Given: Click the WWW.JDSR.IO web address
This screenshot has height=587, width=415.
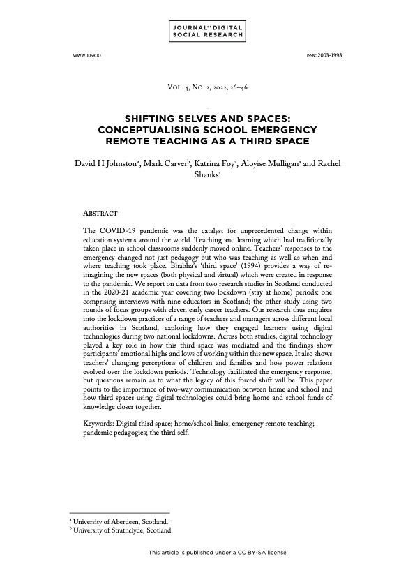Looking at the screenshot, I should (x=83, y=55).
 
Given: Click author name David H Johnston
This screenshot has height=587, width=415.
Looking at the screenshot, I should (x=105, y=164).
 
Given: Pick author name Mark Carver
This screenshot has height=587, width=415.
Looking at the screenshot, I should (x=167, y=164).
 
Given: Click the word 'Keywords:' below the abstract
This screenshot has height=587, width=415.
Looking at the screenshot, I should (x=102, y=423).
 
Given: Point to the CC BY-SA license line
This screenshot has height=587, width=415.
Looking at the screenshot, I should (x=207, y=552).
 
